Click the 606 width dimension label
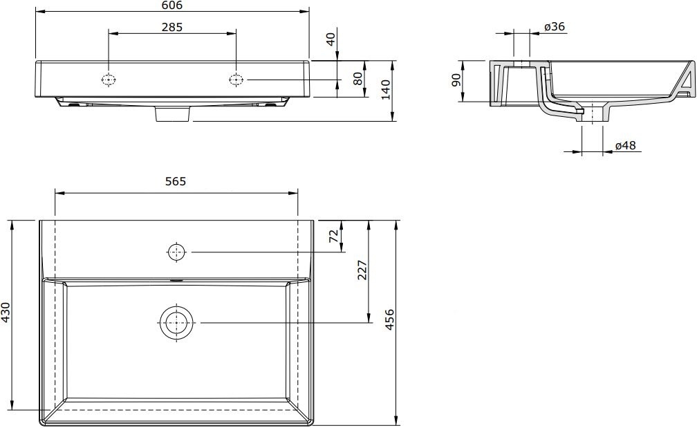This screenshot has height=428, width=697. pos(172,6)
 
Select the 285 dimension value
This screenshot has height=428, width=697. pos(172,27)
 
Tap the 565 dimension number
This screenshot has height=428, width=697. pos(176,181)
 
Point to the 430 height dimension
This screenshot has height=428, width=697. pos(6,312)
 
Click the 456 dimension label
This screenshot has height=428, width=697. pos(389,319)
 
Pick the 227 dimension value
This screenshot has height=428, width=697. pos(363,270)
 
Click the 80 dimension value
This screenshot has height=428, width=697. pos(358,79)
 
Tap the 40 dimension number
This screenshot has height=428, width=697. pos(331,39)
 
